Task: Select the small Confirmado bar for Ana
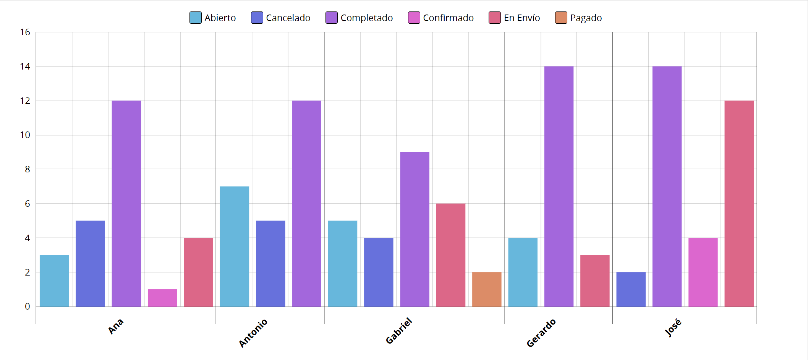pos(162,298)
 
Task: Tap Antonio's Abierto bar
pos(234,246)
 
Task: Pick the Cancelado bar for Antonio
pos(270,264)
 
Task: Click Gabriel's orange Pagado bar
pos(487,289)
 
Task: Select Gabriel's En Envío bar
pos(451,255)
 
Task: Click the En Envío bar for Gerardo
pos(595,281)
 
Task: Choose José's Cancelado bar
pos(631,289)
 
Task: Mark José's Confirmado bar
pos(703,272)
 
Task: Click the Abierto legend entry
pos(213,18)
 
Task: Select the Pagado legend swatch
pos(561,18)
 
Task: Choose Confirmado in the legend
pos(441,18)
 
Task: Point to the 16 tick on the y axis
pos(25,32)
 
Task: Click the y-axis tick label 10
pos(25,135)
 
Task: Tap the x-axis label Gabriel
pos(399,331)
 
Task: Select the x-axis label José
pos(673,328)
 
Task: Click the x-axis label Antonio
pos(253,333)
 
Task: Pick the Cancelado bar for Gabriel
pos(379,272)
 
